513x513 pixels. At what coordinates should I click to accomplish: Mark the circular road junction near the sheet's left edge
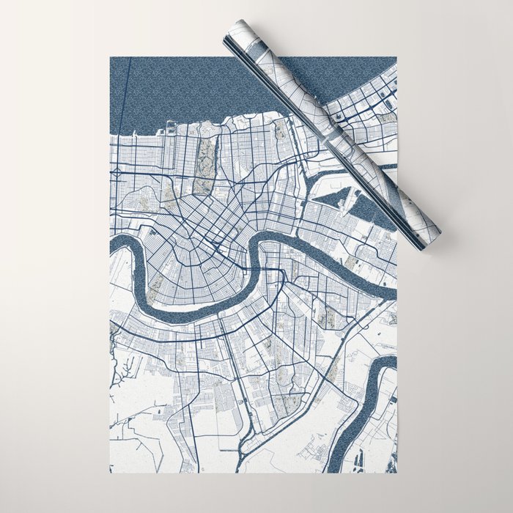click(116, 173)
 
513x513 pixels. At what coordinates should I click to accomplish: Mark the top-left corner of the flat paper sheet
click(110, 56)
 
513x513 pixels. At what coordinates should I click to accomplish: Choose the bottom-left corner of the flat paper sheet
click(110, 473)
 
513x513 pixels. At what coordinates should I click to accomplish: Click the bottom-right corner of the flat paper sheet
click(396, 473)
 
